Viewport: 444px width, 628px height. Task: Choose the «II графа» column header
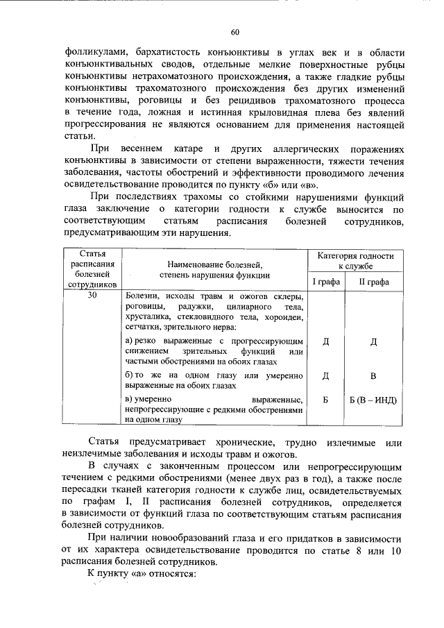(x=373, y=282)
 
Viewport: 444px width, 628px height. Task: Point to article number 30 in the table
(x=92, y=296)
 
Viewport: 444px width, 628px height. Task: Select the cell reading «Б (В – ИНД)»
(x=373, y=400)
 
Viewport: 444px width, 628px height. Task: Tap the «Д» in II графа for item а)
(x=373, y=341)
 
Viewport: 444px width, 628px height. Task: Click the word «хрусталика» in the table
(x=149, y=316)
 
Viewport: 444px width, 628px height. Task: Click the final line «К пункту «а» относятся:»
(x=142, y=575)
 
